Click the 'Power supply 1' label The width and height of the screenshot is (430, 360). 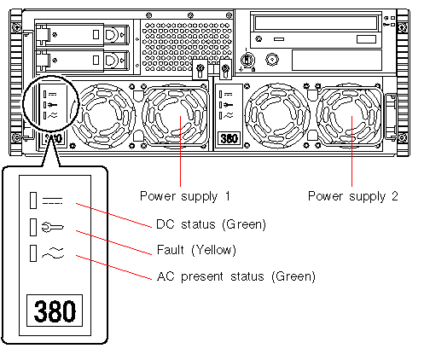185,196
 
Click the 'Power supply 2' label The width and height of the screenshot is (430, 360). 353,196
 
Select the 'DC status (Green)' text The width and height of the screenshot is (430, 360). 211,224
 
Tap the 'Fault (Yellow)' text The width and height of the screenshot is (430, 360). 196,250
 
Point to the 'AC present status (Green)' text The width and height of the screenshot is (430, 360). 236,276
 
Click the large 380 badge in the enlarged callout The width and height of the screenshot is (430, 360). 55,311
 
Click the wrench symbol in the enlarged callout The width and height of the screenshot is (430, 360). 53,227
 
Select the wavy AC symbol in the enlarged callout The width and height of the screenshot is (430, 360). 53,253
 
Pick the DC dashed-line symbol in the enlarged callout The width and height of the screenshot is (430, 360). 52,201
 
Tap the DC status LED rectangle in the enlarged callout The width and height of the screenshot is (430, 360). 33,200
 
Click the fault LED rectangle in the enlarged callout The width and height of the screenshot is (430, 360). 33,227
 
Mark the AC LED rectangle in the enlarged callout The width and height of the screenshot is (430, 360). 33,253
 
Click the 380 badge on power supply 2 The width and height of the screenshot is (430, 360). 230,138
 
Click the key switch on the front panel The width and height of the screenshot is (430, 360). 247,60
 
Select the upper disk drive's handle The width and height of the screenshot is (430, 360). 113,35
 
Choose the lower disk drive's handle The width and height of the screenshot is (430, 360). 113,60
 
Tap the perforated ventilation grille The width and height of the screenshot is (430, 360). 187,46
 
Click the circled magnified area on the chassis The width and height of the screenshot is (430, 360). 50,103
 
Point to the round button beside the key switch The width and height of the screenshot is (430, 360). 272,60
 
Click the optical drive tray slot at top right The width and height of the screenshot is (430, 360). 316,23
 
